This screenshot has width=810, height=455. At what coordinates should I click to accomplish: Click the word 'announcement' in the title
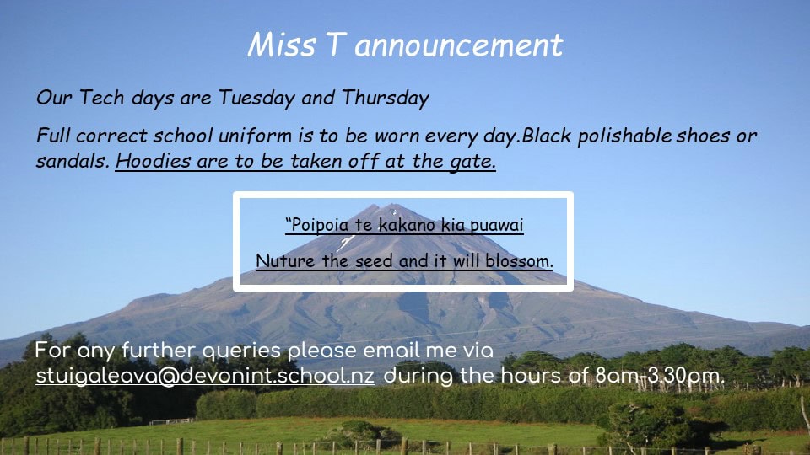click(458, 45)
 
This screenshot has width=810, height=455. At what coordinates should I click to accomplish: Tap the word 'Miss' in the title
click(282, 45)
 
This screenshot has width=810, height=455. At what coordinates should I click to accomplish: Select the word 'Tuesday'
click(256, 98)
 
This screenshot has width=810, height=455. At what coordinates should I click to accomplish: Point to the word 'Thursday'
click(386, 98)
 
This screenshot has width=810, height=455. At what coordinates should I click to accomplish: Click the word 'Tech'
click(101, 98)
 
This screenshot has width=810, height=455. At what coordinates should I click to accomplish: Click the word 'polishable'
click(625, 136)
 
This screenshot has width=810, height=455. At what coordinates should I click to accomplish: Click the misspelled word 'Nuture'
click(286, 260)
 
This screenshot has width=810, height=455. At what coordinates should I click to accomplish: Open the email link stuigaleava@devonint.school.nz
click(205, 375)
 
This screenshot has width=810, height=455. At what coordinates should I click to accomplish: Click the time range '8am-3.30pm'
click(660, 376)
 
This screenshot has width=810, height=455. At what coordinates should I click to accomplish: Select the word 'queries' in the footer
click(242, 351)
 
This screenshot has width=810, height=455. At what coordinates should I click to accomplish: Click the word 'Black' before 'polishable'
click(547, 136)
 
